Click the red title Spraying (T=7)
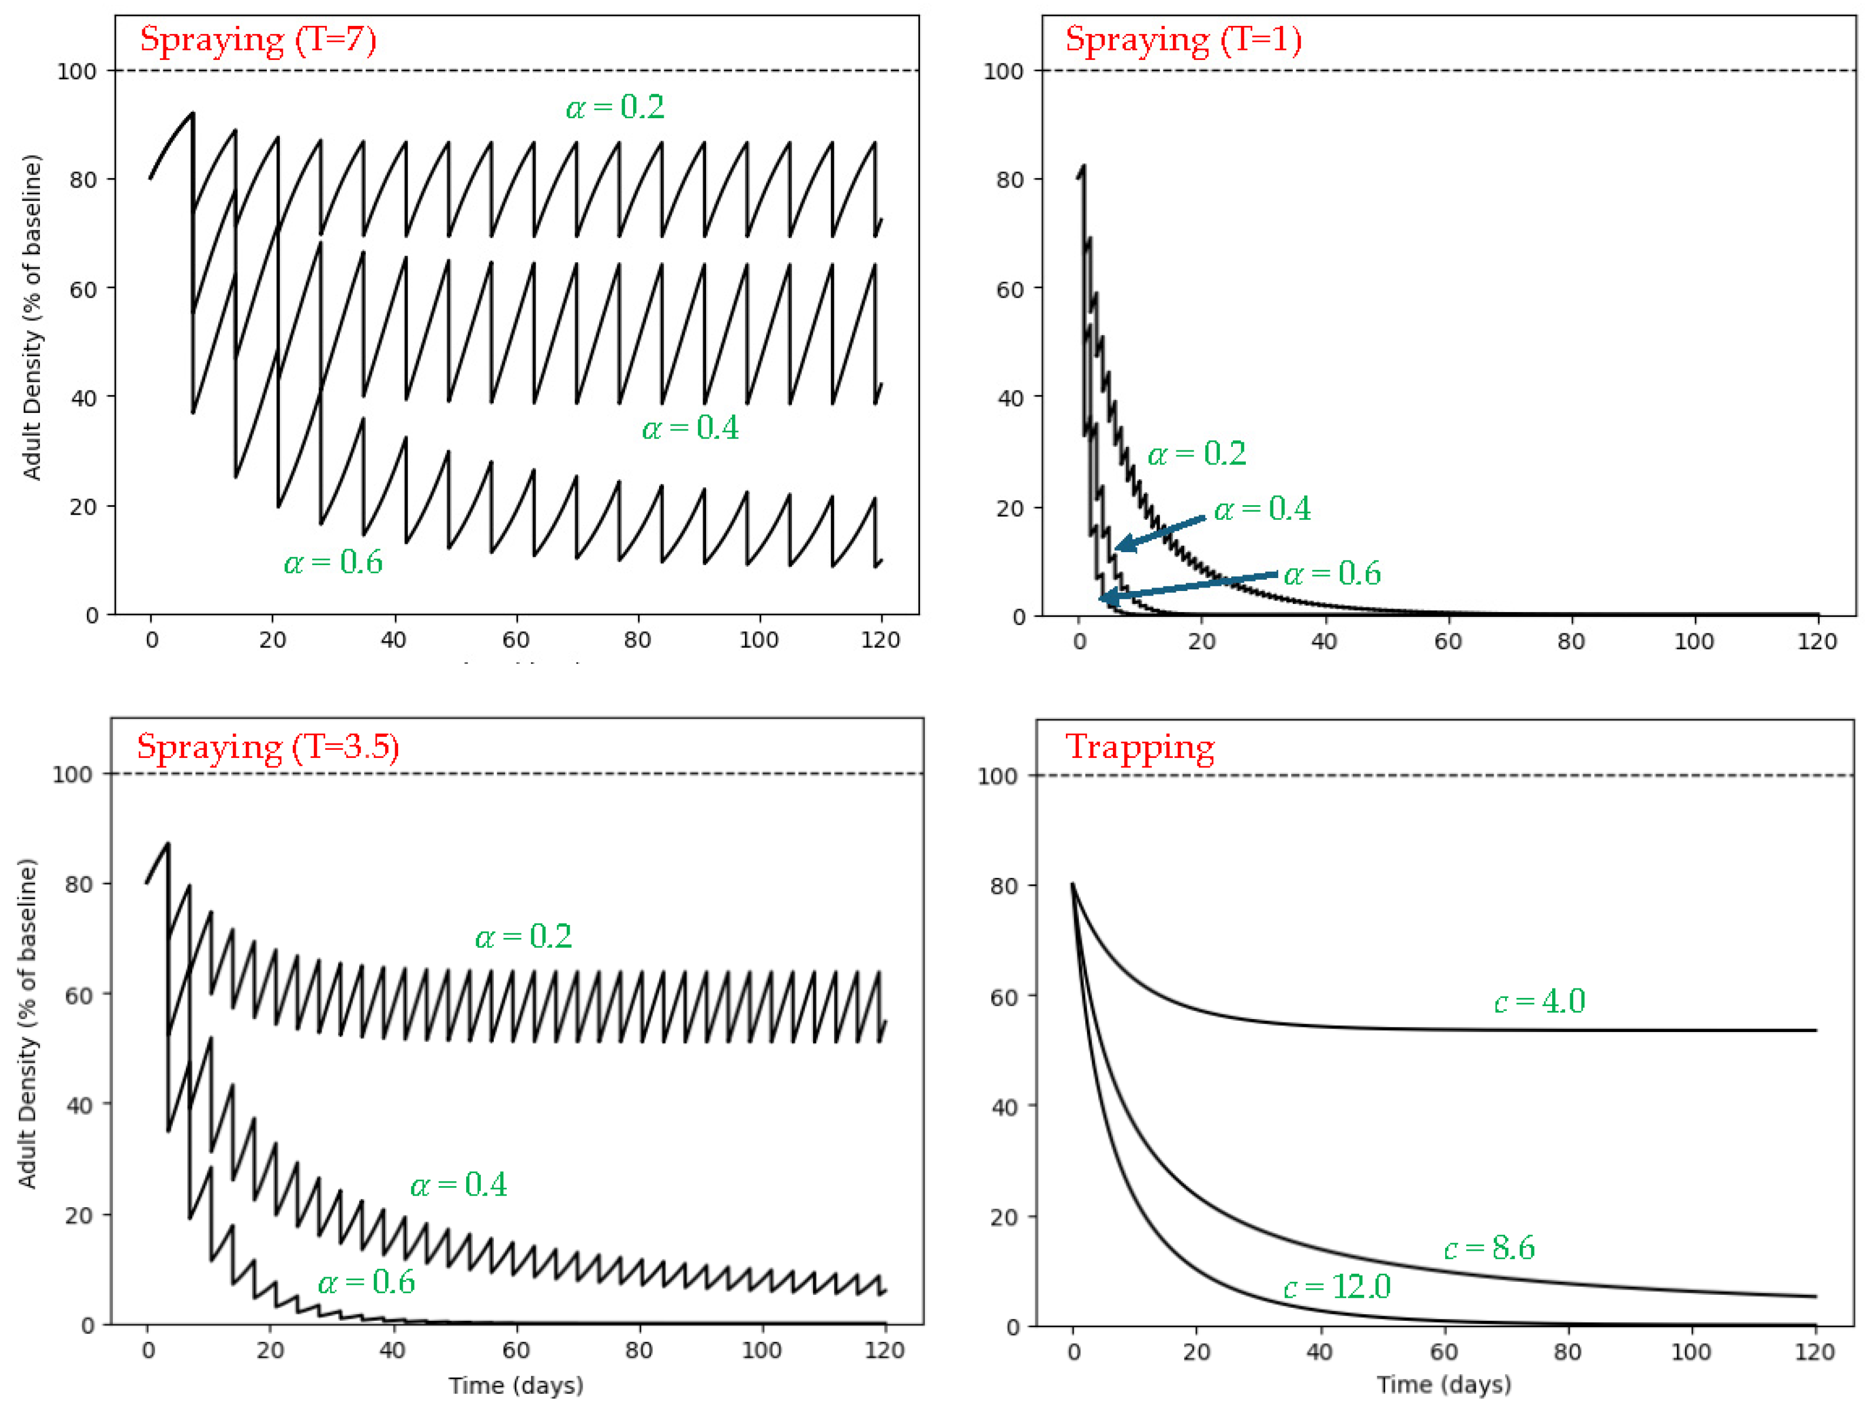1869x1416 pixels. [258, 40]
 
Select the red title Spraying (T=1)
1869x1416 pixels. [1183, 40]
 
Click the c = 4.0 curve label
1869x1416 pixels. [1540, 1001]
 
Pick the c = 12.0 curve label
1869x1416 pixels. [1338, 1287]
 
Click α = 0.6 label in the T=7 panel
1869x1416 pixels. [333, 562]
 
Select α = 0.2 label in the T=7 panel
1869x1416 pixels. [615, 107]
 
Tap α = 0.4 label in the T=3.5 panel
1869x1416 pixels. [459, 1185]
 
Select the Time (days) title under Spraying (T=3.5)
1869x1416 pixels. [516, 1385]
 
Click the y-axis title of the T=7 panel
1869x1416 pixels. [31, 318]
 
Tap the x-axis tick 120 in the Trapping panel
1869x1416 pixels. [1814, 1352]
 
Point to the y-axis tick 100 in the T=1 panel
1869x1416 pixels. [1004, 71]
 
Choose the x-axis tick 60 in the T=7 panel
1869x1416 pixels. [516, 640]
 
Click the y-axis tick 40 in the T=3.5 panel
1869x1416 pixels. [79, 1105]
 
